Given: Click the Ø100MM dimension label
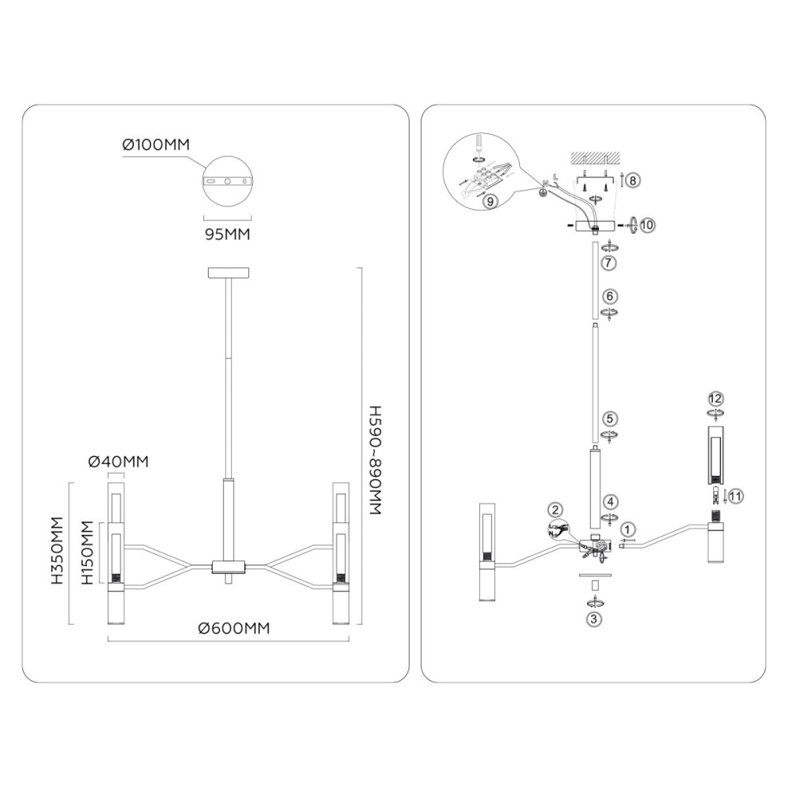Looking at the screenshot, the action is point(156,145).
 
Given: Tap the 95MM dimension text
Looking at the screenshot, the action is point(227,234).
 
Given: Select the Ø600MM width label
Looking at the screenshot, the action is point(234,628).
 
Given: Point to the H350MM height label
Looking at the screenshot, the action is point(58,550).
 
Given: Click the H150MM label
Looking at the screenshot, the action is point(87,553).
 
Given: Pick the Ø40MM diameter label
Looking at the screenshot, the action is point(119,461).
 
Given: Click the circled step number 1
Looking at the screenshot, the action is point(629,529).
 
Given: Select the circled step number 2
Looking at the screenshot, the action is point(556,510).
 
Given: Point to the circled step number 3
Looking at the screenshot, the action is point(594,619).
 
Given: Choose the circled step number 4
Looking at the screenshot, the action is point(611,501).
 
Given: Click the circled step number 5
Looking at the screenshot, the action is point(610,418).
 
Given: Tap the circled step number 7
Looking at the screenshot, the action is point(608,262).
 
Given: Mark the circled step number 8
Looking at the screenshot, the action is point(634,180).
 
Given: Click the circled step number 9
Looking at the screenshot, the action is point(490,201).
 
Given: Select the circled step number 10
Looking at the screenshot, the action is point(648,225).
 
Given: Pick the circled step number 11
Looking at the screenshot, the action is point(736,496).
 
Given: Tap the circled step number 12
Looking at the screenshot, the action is point(716,399).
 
